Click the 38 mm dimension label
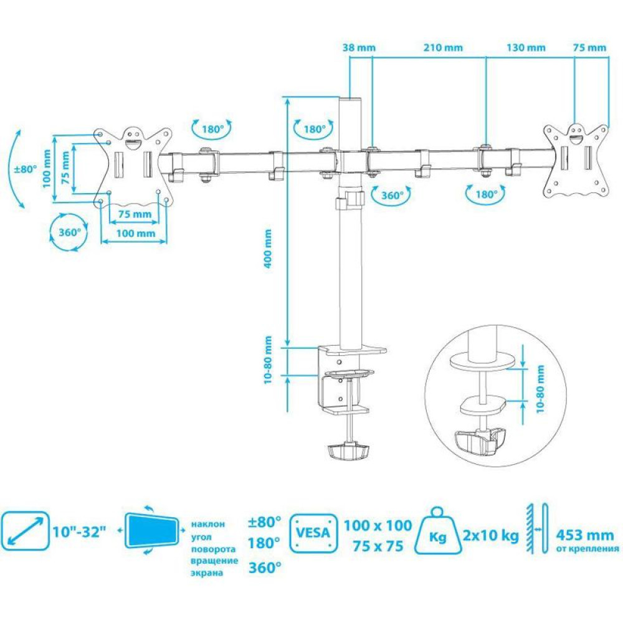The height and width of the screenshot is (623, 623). coord(359,48)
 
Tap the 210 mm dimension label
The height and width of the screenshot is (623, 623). coord(443,48)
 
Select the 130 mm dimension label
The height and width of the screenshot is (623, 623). coord(526,48)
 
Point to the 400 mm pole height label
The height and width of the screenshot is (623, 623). coord(268,249)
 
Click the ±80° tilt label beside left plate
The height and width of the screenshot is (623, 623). coord(26,169)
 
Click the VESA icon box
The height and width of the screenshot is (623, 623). coord(313,533)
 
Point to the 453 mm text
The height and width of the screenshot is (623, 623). coord(585,535)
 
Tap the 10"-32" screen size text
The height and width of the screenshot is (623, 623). coord(80,531)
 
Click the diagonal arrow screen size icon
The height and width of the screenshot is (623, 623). coord(25,531)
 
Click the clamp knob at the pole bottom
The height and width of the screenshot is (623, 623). coord(348,452)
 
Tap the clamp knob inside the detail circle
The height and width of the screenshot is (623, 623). coord(480,441)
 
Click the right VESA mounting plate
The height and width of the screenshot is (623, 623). coord(576,160)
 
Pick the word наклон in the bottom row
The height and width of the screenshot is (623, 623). coord(208,525)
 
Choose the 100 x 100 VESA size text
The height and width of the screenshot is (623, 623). coord(378,526)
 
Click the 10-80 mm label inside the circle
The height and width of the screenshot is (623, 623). coord(540,389)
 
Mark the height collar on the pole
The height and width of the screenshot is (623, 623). coord(350,200)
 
